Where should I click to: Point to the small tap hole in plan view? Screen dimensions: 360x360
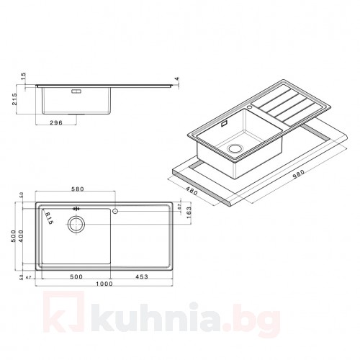pyautogui.click(x=116, y=212)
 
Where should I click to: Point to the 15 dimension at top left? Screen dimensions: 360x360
pyautogui.click(x=24, y=76)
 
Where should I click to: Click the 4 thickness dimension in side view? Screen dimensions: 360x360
pyautogui.click(x=175, y=79)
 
